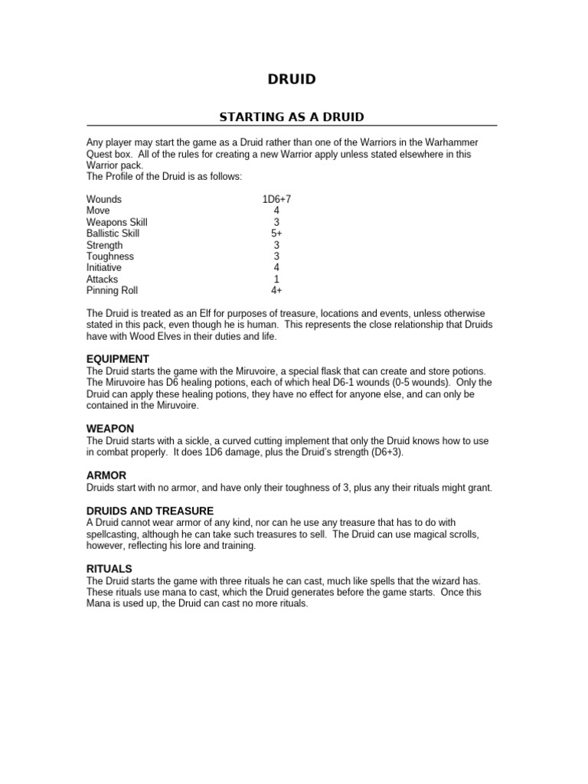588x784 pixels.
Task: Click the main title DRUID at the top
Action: (291, 79)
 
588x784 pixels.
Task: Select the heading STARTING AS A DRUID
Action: (292, 117)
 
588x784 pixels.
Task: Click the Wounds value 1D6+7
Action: (276, 199)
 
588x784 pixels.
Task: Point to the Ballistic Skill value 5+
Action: (276, 234)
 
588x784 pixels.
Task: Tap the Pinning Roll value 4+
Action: (276, 291)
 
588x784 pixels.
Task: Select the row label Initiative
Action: (103, 268)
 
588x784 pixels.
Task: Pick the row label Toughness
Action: (109, 256)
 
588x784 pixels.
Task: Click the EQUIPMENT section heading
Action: (117, 359)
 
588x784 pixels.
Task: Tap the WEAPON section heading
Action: (110, 429)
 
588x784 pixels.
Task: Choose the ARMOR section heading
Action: (106, 475)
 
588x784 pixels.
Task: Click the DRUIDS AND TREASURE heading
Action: (149, 511)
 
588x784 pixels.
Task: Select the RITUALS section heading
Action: (109, 569)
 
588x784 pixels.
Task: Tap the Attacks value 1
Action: (276, 279)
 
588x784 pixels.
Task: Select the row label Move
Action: (98, 211)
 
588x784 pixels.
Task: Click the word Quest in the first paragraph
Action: (100, 154)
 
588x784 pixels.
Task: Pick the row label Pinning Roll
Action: (113, 291)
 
